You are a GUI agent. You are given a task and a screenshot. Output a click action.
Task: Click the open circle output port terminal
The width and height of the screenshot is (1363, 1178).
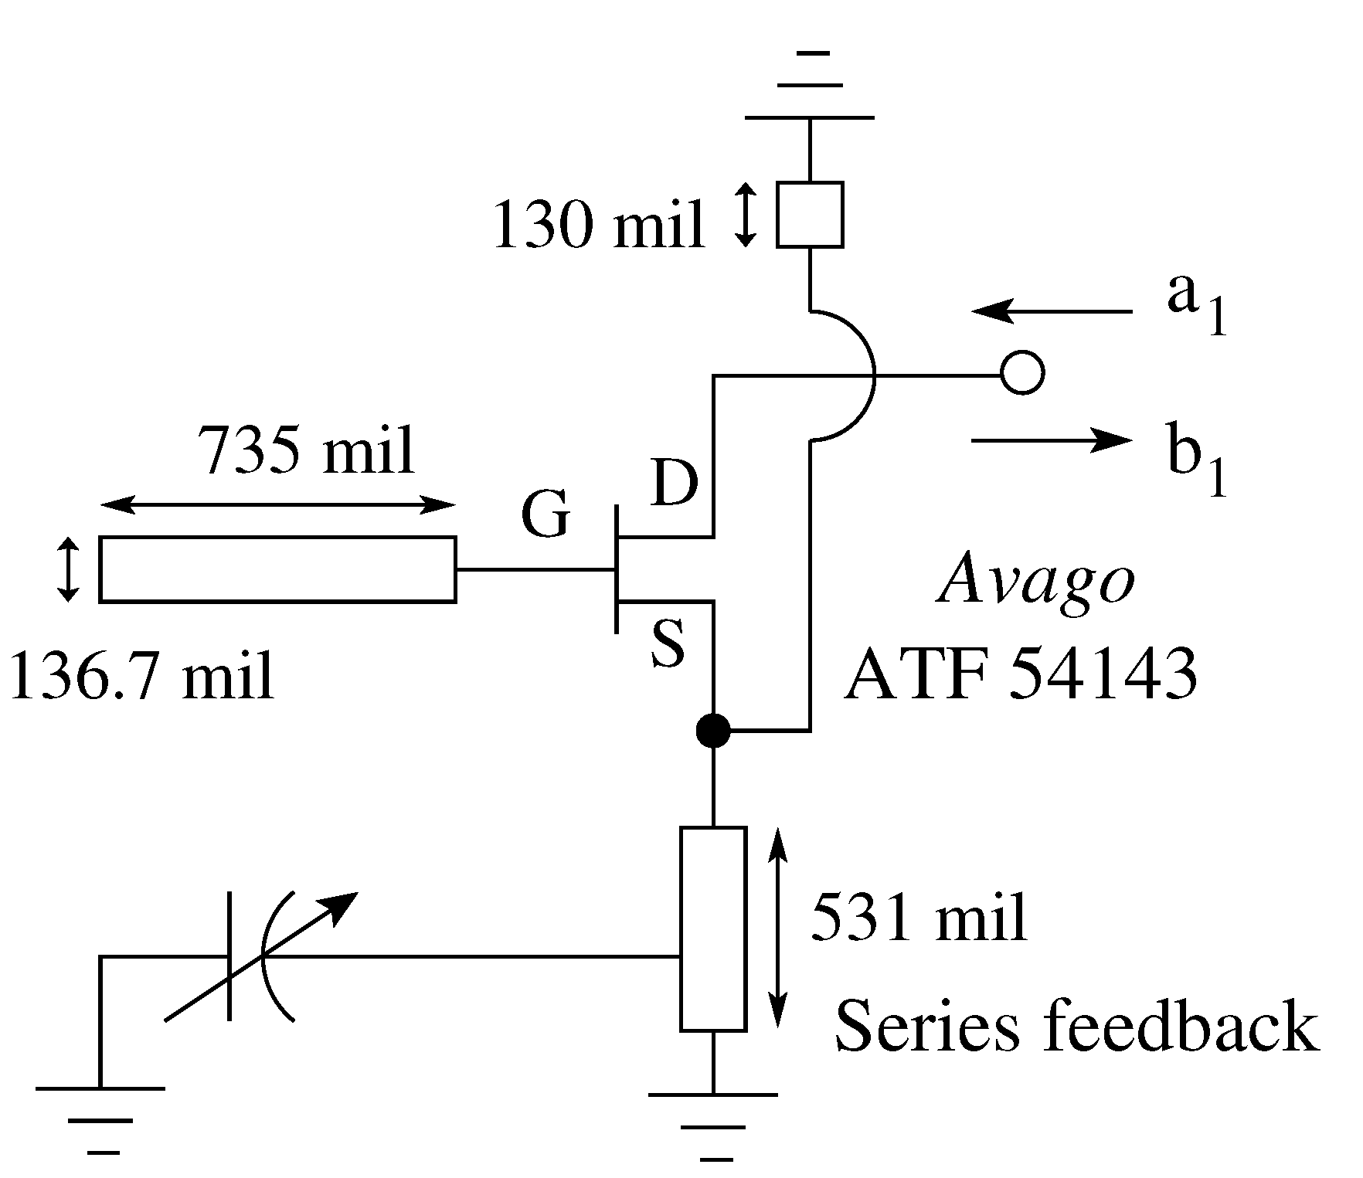pos(1022,375)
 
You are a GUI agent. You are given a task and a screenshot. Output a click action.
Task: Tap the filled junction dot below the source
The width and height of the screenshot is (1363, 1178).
pos(712,730)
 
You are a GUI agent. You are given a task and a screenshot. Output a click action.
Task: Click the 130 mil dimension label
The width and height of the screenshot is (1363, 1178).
pos(599,225)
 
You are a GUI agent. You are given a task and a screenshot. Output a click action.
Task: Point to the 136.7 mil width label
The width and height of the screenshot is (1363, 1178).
pos(141,674)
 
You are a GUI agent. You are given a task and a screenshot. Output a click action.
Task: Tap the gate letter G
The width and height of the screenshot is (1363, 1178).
pos(546,514)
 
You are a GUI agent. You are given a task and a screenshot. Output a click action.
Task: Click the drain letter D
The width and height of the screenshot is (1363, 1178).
pos(674,482)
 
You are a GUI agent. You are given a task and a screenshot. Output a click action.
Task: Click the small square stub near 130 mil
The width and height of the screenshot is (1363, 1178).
pos(809,215)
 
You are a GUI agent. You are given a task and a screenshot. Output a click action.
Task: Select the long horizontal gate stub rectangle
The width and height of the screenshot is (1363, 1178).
pos(277,569)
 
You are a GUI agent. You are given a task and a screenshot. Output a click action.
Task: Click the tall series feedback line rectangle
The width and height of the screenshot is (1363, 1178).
pos(712,928)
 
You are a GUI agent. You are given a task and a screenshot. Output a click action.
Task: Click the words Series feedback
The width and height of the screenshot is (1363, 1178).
pos(1076,1027)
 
